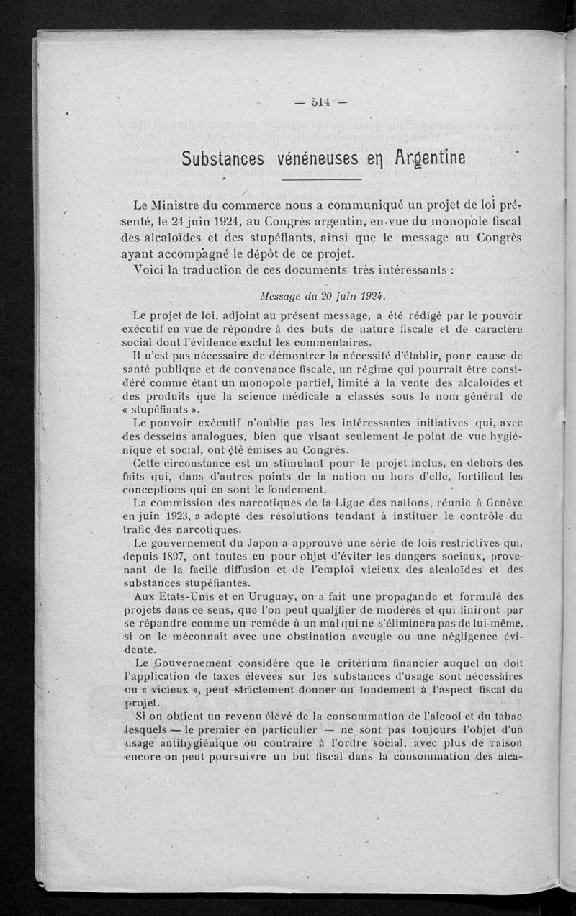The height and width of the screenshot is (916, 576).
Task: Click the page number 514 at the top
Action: click(321, 102)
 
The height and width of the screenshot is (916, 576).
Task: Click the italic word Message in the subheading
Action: click(285, 295)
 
